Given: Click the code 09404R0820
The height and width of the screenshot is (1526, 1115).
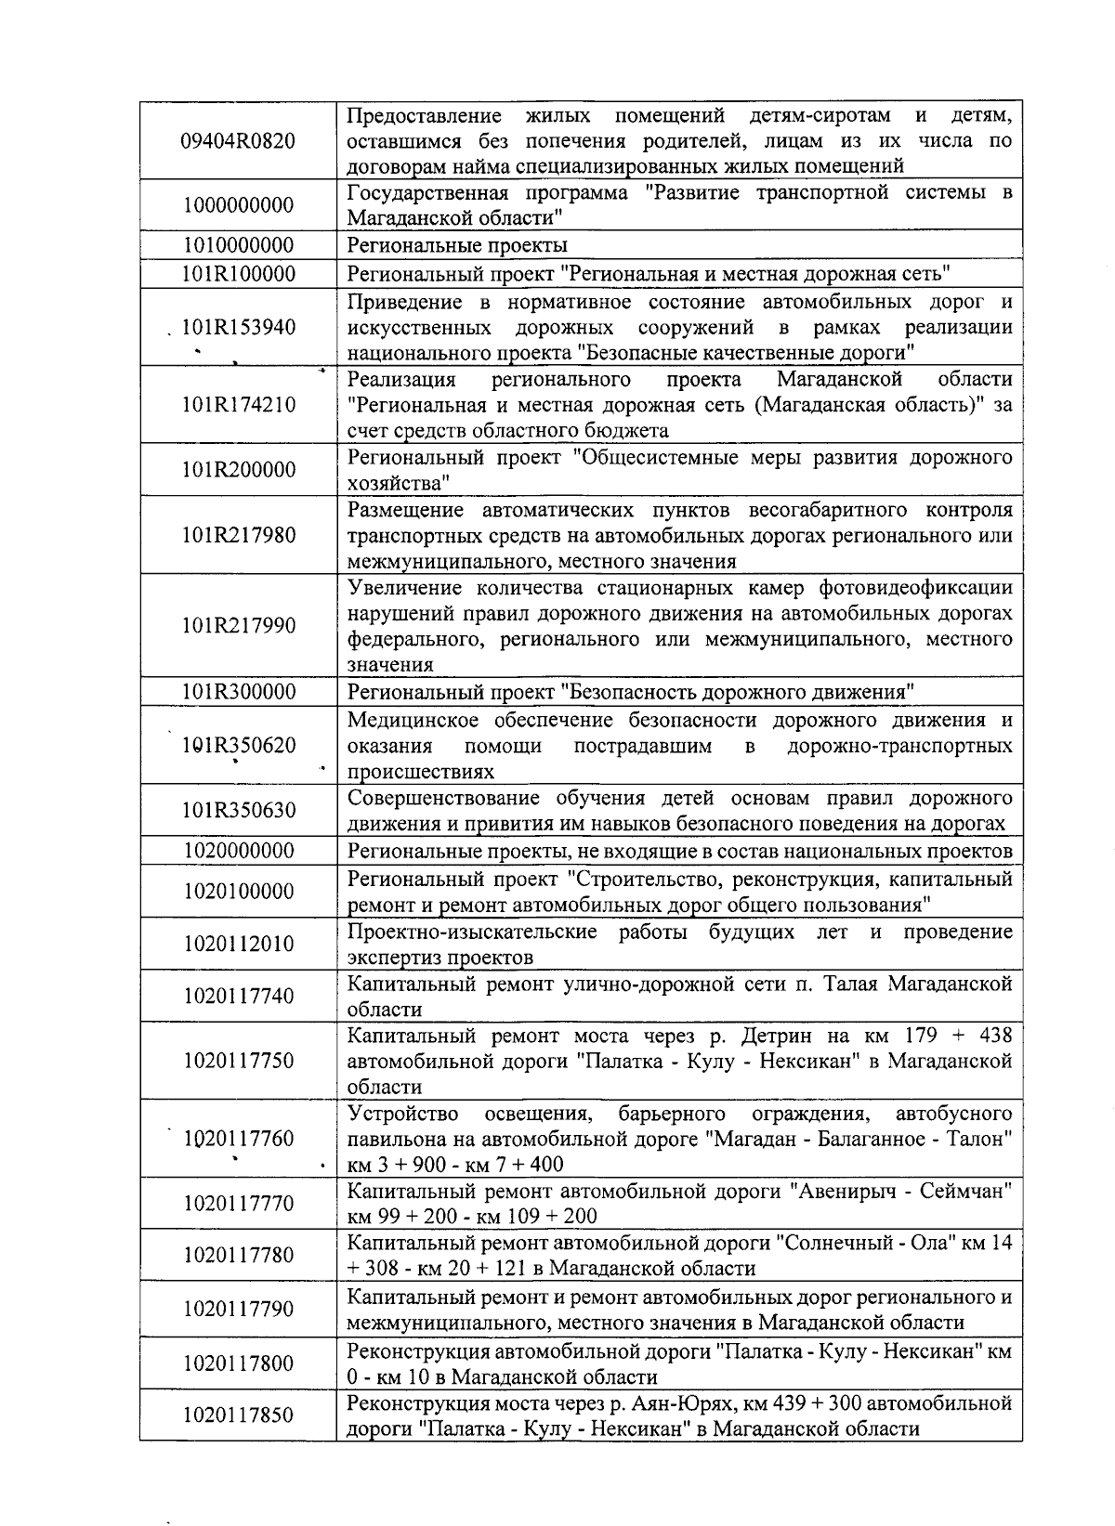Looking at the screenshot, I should point(238,141).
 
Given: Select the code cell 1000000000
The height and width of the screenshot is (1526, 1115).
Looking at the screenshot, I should point(238,205).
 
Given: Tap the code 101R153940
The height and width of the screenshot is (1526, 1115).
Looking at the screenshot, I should point(238,328).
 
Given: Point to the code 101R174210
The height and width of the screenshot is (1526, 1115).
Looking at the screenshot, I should point(238,405).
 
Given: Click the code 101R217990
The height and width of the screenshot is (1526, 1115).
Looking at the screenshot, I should point(238,626).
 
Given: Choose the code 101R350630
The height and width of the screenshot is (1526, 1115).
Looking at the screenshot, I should point(238,811).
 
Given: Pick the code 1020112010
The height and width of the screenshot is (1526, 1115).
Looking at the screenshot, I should point(238,945).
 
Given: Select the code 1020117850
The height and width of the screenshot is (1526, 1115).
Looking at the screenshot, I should point(238,1415).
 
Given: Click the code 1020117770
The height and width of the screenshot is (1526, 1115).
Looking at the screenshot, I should point(238,1204).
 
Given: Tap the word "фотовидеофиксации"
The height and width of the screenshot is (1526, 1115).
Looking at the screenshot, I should point(915,589).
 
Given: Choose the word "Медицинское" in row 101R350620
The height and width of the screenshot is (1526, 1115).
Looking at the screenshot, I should point(413,722).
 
